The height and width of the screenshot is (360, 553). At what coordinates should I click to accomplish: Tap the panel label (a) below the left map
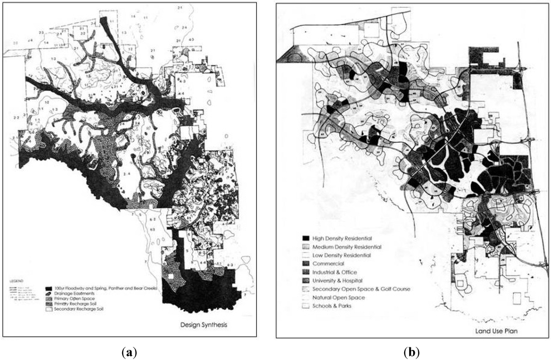tap(130, 351)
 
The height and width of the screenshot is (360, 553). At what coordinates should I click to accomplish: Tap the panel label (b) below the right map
tap(412, 351)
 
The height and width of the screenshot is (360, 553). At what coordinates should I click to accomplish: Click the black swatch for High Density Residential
tap(305, 237)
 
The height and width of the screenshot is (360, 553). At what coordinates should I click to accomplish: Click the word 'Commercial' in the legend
tap(328, 263)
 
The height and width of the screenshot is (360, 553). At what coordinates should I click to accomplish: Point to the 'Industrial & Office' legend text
tap(334, 272)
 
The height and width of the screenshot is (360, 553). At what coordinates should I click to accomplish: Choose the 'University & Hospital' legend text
tap(338, 281)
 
